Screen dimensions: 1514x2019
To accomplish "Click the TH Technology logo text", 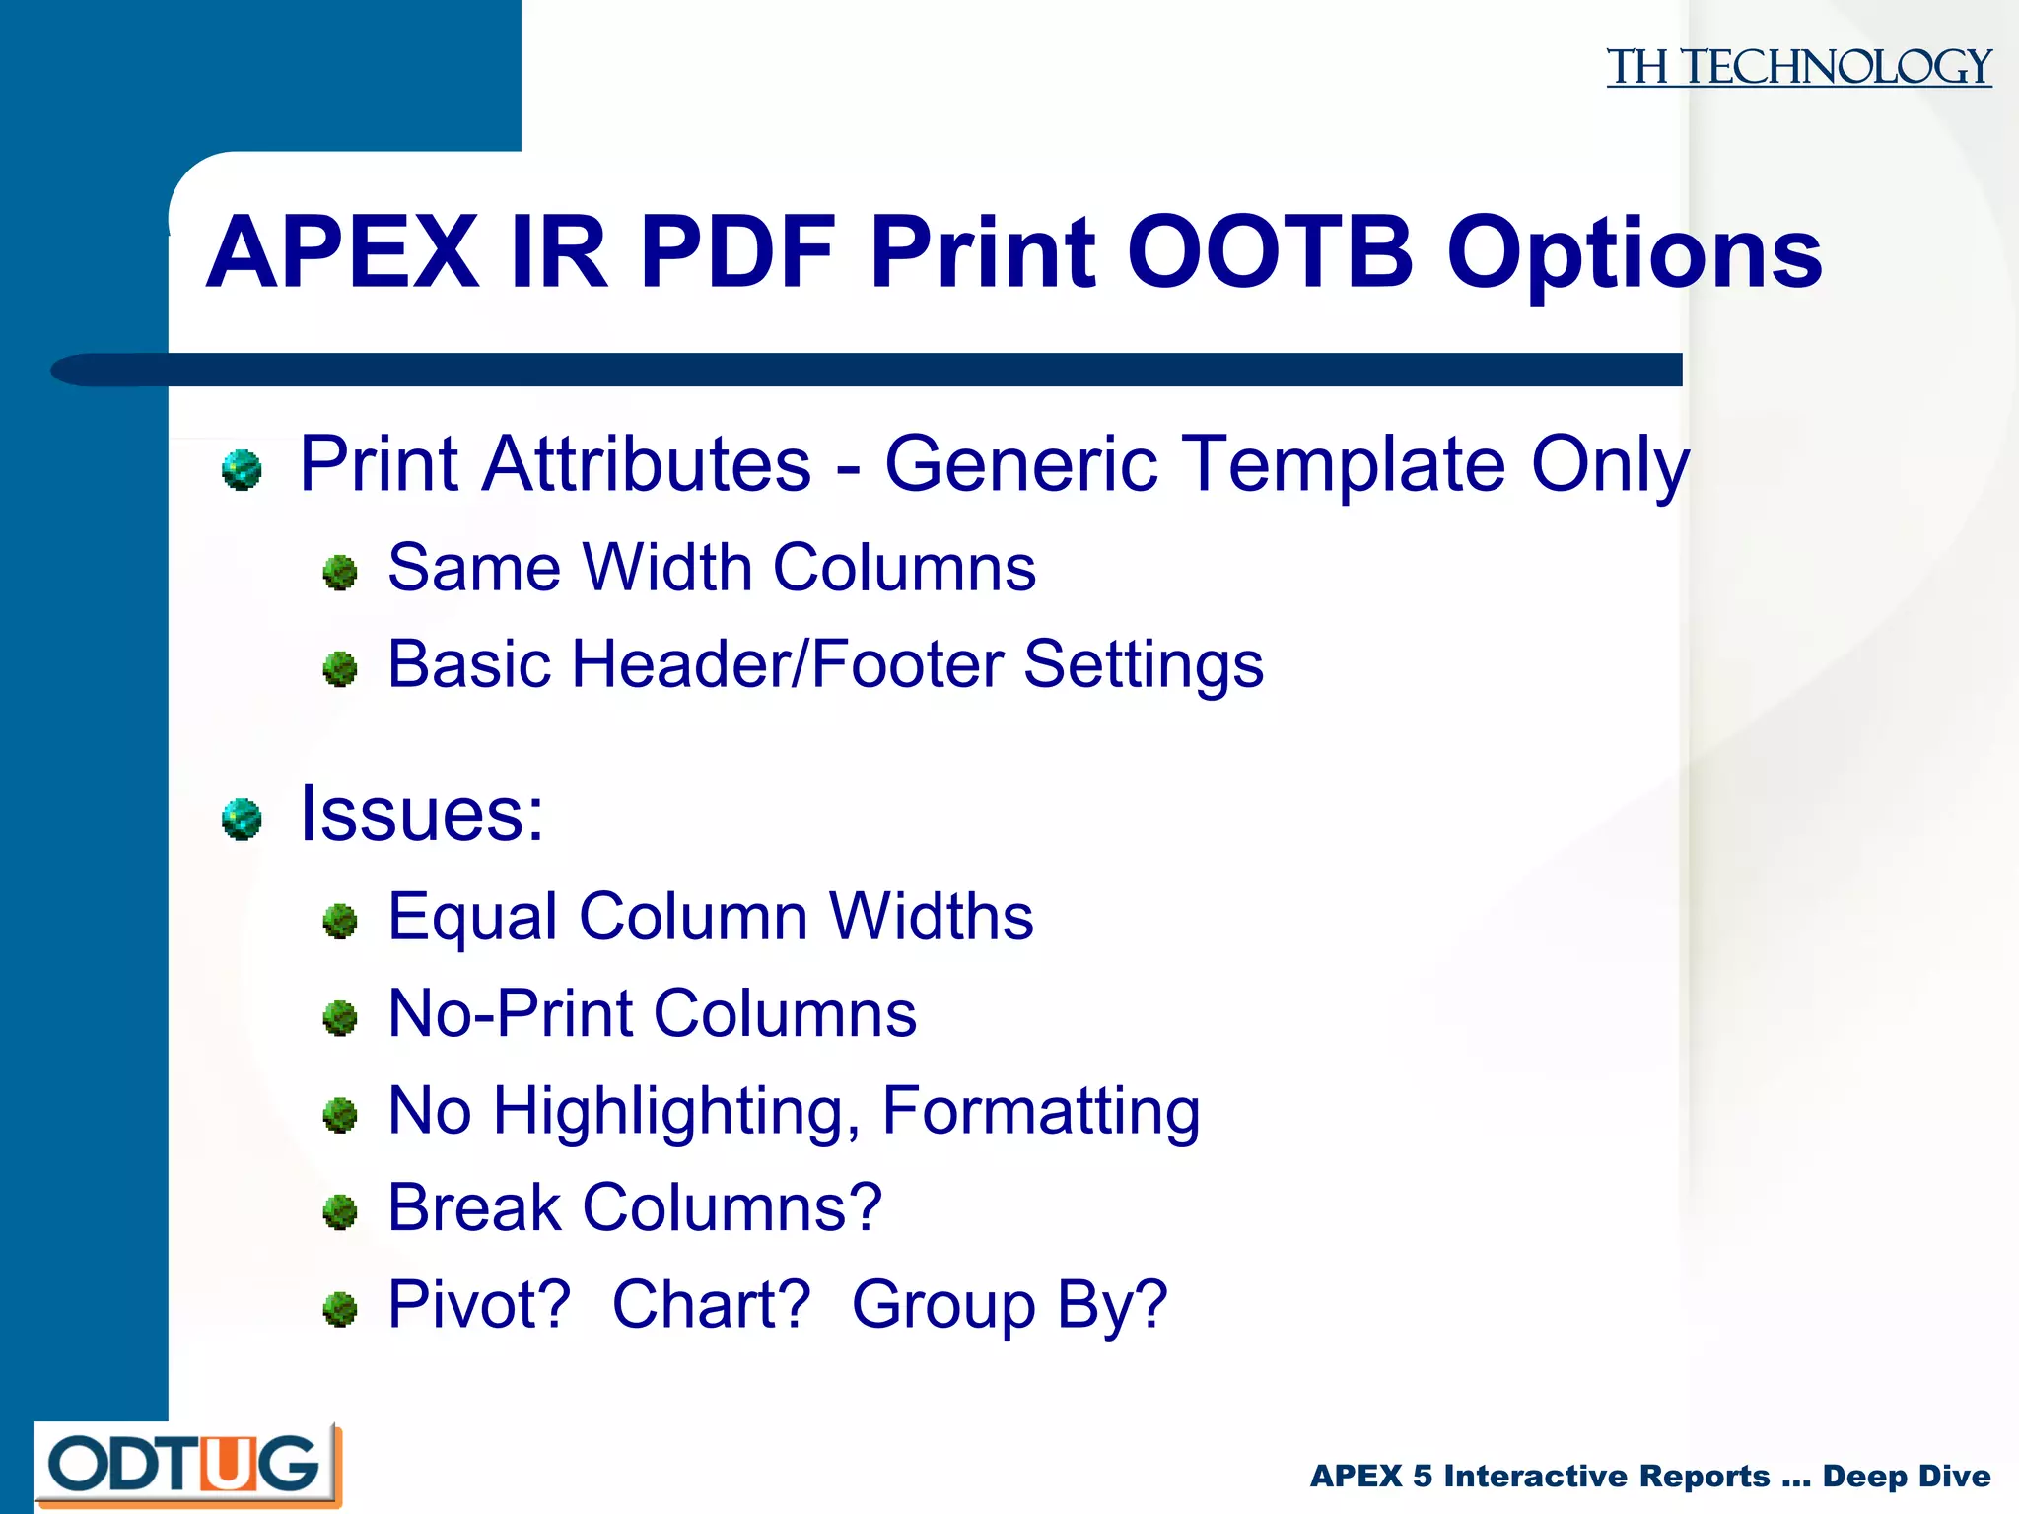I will click(1798, 67).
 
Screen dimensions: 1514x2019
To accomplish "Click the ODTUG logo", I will click(186, 1465).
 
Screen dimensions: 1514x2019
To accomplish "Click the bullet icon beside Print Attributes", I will click(242, 469).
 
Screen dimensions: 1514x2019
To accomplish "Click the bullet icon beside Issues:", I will click(242, 819).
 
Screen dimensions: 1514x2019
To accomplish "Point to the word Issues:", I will click(421, 814).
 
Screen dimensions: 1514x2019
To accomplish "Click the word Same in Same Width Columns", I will click(471, 568).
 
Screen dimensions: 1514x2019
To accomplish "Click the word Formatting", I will click(1041, 1112).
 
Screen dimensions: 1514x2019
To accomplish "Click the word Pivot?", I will click(479, 1305).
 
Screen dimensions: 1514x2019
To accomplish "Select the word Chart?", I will click(711, 1305).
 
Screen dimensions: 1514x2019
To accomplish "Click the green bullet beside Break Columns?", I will click(340, 1212).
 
